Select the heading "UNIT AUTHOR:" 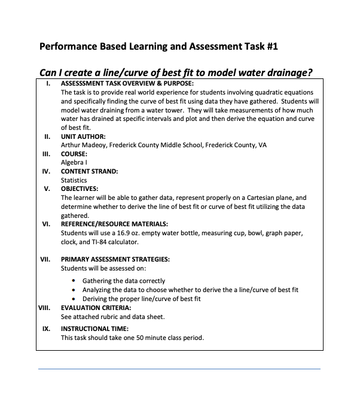83,136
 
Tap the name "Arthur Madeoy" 82,145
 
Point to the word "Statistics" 74,180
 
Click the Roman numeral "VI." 46,224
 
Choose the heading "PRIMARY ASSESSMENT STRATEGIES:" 115,259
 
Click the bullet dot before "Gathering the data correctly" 74,281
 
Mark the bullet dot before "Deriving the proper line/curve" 74,299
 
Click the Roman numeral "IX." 46,329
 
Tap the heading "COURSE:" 75,154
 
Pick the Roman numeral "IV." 46,171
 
